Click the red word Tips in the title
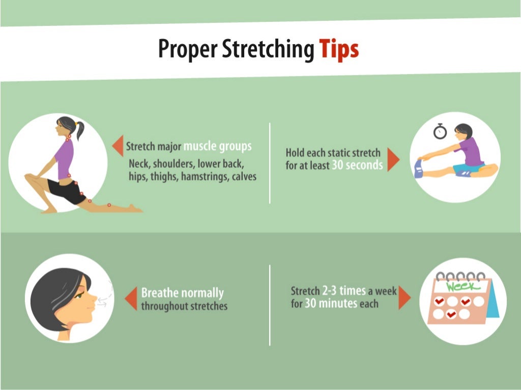tap(339, 49)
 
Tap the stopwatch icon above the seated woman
tap(440, 131)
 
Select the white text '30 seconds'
tap(357, 165)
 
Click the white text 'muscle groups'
tap(217, 146)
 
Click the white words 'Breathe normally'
tap(182, 293)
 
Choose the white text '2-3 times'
tap(343, 291)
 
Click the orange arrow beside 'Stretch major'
tap(118, 146)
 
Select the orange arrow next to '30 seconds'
tap(393, 159)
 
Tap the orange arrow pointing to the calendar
tap(404, 297)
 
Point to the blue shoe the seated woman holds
tap(418, 168)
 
